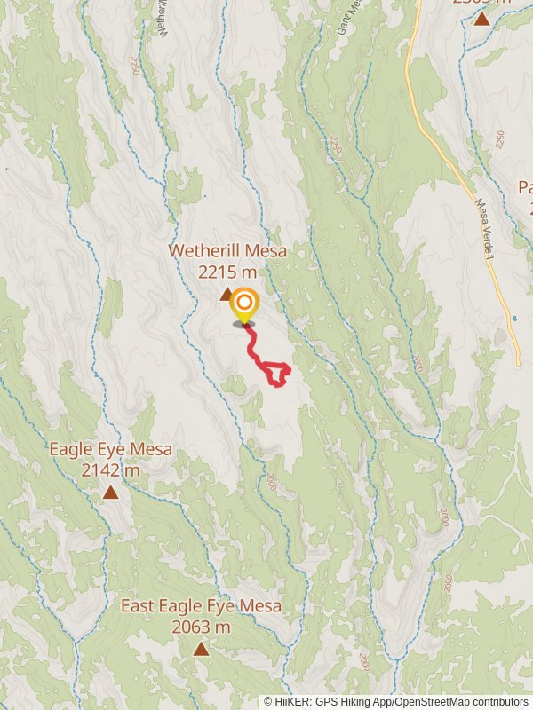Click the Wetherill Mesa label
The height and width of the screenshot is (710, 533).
pos(228,251)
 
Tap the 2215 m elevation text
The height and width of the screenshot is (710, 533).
pos(228,272)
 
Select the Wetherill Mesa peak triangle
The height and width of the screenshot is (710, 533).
pos(227,294)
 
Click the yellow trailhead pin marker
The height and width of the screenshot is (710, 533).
pos(243,307)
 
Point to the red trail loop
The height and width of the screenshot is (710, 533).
pos(278,375)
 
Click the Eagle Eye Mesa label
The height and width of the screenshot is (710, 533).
pos(110,450)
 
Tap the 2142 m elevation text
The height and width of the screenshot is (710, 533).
pos(110,470)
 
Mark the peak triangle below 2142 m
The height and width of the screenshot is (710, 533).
pos(110,492)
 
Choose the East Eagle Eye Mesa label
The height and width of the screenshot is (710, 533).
pos(201,606)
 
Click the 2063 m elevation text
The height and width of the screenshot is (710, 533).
pos(201,627)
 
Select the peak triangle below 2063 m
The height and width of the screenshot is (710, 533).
pos(202,649)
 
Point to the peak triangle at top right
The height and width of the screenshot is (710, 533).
pos(481,17)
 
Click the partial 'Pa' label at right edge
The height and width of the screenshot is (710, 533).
pos(524,187)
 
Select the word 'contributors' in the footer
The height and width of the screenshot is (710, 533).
pos(499,702)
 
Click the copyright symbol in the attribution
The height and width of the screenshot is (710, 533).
pos(268,702)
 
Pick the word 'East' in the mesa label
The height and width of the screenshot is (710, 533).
pos(138,606)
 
